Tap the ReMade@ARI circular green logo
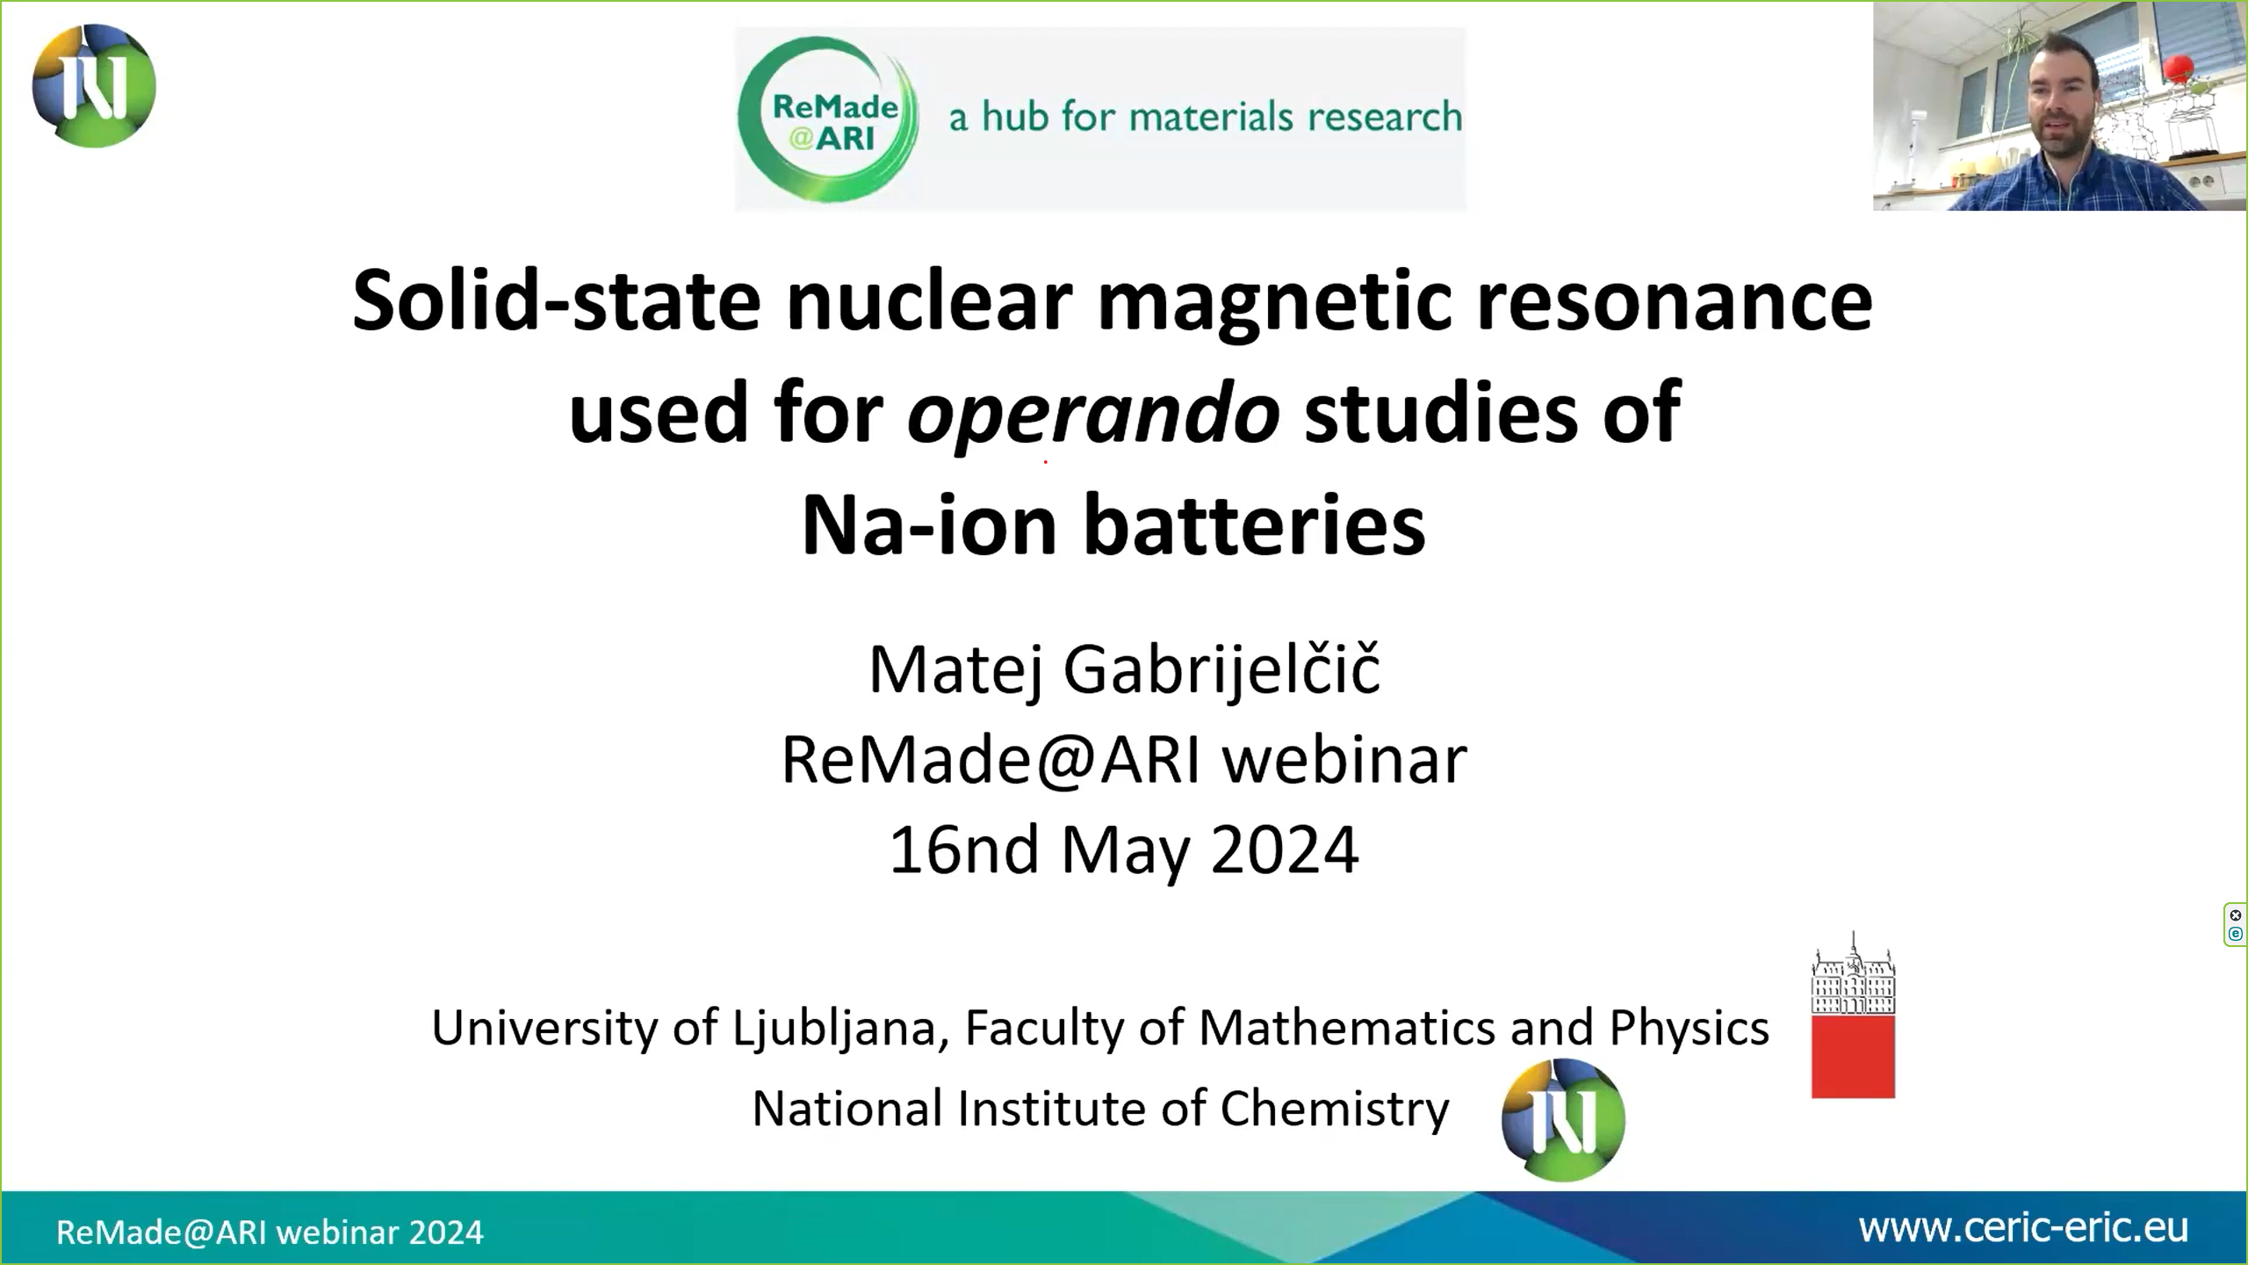point(828,119)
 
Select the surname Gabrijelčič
point(1222,671)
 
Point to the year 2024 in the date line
point(1285,850)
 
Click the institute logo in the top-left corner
point(94,86)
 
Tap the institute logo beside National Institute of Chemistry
point(1563,1119)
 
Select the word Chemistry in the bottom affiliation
point(1335,1109)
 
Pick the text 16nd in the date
point(965,850)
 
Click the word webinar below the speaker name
point(1345,759)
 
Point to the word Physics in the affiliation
point(1689,1029)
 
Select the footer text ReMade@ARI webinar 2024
point(270,1232)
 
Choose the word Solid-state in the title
point(556,302)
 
